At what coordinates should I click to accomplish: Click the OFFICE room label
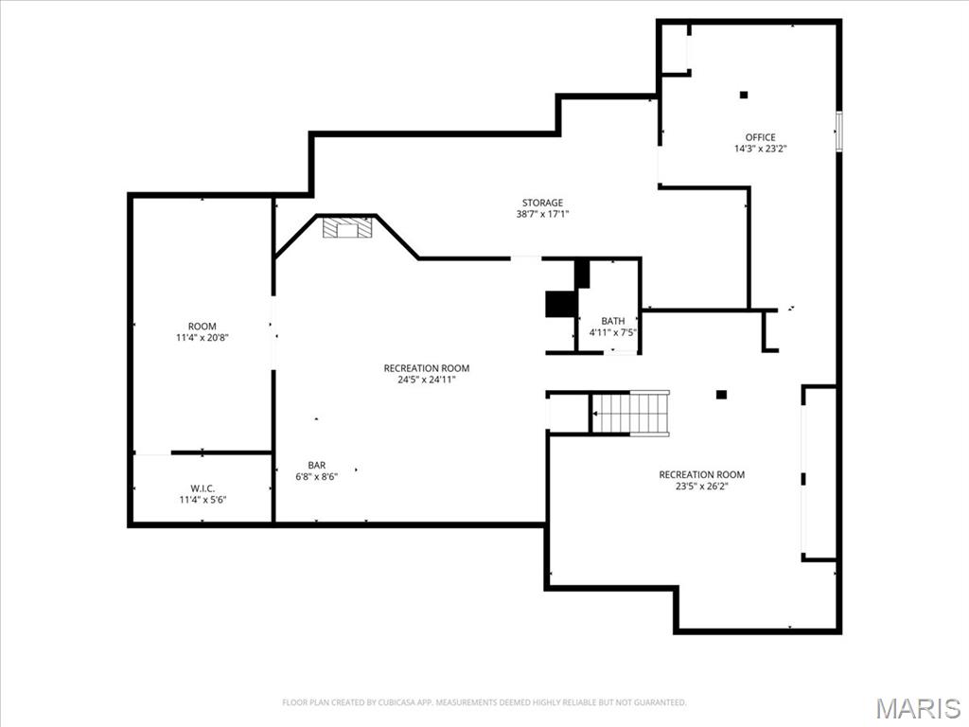[760, 137]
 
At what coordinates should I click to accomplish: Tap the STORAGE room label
[542, 203]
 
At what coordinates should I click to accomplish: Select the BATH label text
[612, 322]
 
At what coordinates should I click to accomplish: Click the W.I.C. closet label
[203, 488]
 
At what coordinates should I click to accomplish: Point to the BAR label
[316, 465]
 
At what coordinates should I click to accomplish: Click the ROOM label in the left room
[202, 327]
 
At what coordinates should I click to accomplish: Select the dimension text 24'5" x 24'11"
[426, 380]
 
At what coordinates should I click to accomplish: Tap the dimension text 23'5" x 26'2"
[701, 486]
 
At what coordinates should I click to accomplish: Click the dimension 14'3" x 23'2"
[760, 149]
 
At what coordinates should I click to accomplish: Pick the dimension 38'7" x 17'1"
[542, 214]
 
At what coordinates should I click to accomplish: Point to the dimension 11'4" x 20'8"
[202, 338]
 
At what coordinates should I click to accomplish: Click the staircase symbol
[630, 414]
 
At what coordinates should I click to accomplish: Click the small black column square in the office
[744, 95]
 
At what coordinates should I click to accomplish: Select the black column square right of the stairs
[721, 395]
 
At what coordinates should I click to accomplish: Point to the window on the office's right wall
[838, 131]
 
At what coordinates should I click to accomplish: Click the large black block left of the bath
[561, 304]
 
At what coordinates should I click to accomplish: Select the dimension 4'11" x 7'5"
[612, 333]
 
